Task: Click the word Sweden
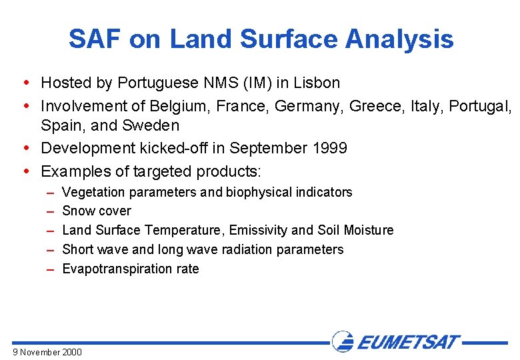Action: [x=153, y=125]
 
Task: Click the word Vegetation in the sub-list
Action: [x=93, y=192]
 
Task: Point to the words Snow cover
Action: [x=97, y=211]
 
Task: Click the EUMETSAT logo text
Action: [x=408, y=343]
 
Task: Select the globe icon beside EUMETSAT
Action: [x=343, y=342]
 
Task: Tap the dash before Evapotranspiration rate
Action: [x=51, y=269]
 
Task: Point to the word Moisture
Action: [x=369, y=231]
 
